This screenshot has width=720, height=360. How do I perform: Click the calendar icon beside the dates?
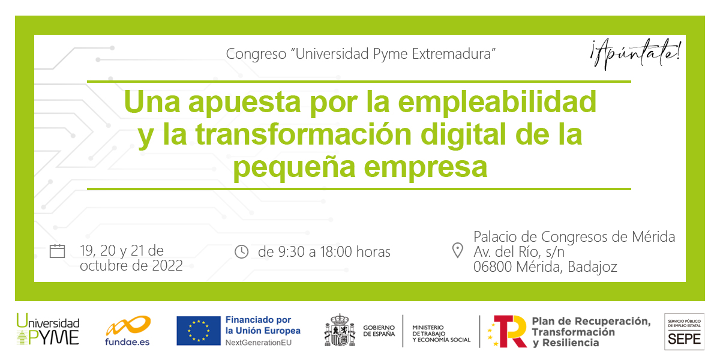57,251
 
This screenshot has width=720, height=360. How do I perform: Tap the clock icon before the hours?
241,251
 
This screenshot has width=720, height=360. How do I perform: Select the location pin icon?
457,250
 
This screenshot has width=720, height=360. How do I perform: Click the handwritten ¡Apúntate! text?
635,54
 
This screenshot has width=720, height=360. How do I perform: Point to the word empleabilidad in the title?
497,103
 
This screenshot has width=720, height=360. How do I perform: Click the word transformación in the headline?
304,134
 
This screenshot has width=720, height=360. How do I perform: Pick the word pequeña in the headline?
294,168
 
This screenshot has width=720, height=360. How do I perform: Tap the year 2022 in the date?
167,266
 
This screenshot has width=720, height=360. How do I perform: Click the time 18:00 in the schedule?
336,251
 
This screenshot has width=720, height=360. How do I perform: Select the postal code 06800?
493,267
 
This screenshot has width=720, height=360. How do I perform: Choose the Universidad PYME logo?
48,329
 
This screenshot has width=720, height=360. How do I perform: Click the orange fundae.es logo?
128,331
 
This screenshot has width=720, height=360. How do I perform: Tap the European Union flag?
199,331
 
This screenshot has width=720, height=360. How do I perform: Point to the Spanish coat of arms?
340,331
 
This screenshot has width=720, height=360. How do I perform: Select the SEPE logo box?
685,332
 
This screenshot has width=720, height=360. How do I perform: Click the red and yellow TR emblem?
508,331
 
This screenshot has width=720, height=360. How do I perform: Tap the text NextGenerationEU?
259,343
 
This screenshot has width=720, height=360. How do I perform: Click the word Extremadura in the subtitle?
453,54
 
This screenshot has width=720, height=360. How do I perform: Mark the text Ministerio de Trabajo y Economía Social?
442,334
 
